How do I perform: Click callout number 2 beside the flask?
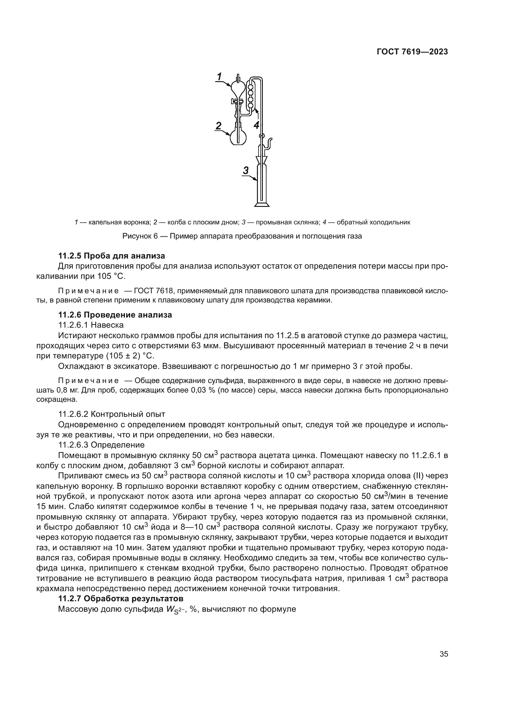[218, 126]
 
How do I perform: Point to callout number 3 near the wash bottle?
[246, 171]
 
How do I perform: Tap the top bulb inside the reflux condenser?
[250, 85]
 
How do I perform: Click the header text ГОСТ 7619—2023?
[412, 52]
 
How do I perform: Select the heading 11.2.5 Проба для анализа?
[112, 256]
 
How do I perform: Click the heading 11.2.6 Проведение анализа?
[115, 315]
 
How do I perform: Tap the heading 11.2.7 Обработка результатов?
[121, 599]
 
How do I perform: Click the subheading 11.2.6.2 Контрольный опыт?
[112, 414]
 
